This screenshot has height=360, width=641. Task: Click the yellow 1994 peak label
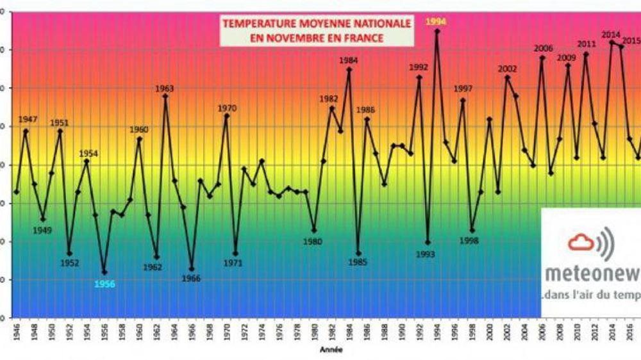click(x=437, y=21)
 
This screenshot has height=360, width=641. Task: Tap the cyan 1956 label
click(x=104, y=284)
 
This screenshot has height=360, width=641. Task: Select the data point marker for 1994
click(x=437, y=31)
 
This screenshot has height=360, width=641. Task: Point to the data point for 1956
click(x=104, y=272)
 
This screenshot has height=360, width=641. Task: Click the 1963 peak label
click(x=165, y=88)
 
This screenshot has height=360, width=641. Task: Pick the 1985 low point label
click(x=358, y=261)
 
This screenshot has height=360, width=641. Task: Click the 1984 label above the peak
click(x=349, y=60)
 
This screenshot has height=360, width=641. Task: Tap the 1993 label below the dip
click(x=425, y=254)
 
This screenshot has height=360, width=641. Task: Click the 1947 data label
click(x=28, y=119)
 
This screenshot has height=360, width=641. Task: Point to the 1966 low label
click(x=191, y=278)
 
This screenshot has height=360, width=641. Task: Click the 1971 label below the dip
click(x=233, y=263)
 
